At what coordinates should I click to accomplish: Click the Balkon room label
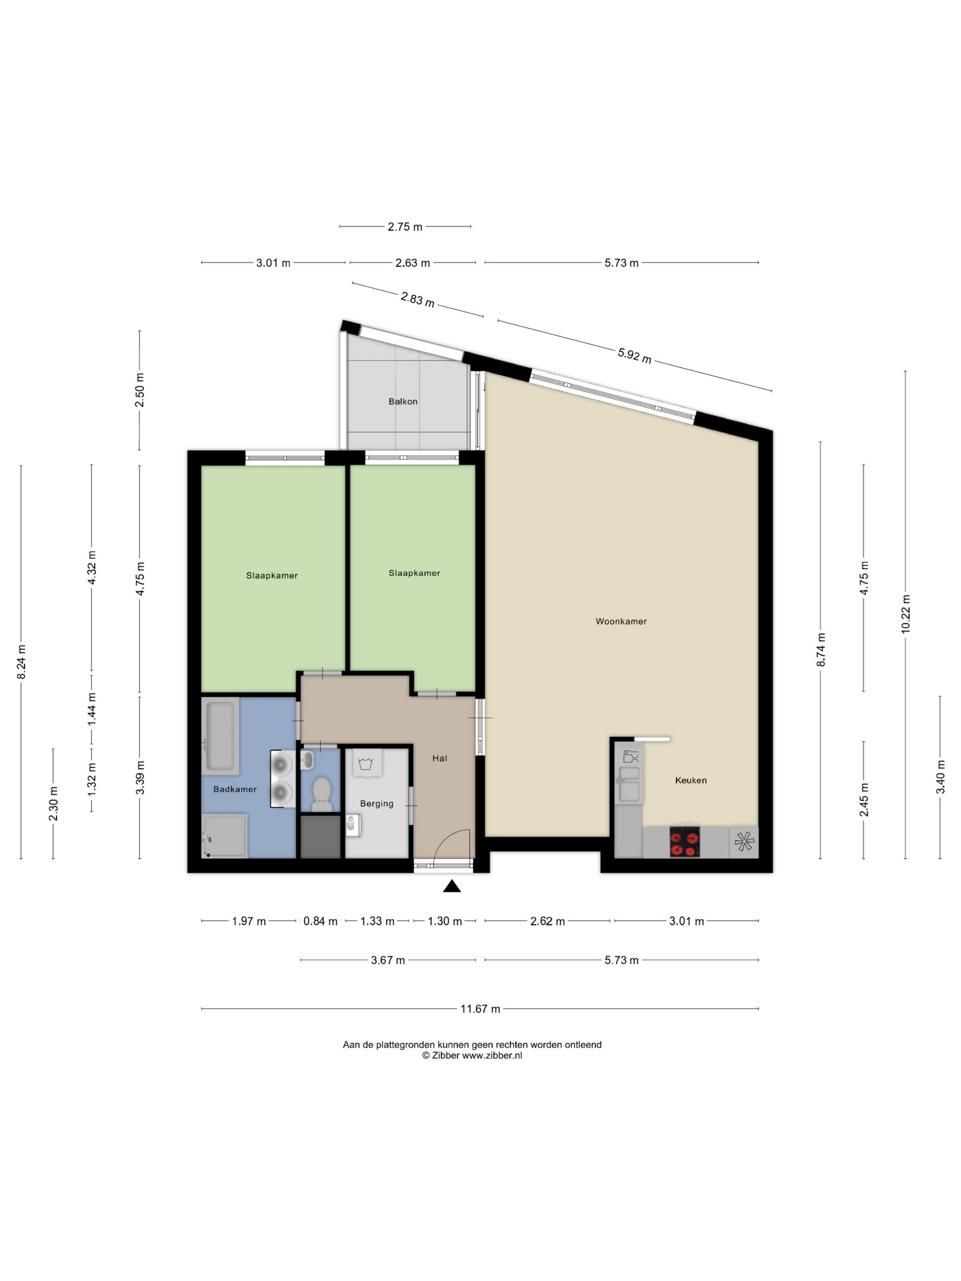403,401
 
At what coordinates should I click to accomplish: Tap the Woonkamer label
621,621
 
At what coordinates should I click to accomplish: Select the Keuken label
691,780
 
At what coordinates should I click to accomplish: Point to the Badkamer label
235,789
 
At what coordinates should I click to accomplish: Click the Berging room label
377,804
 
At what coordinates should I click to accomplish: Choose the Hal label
440,758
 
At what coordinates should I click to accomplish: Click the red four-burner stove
685,841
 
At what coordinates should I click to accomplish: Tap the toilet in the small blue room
321,793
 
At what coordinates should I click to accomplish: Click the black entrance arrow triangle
452,886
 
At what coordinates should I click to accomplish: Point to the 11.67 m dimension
480,1009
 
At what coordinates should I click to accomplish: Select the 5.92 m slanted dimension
634,355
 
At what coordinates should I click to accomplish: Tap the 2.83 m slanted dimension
417,299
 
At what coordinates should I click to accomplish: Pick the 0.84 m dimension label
320,921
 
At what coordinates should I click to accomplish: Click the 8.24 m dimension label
22,662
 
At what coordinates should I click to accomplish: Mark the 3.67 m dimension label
388,960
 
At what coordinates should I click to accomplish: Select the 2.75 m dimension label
405,227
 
